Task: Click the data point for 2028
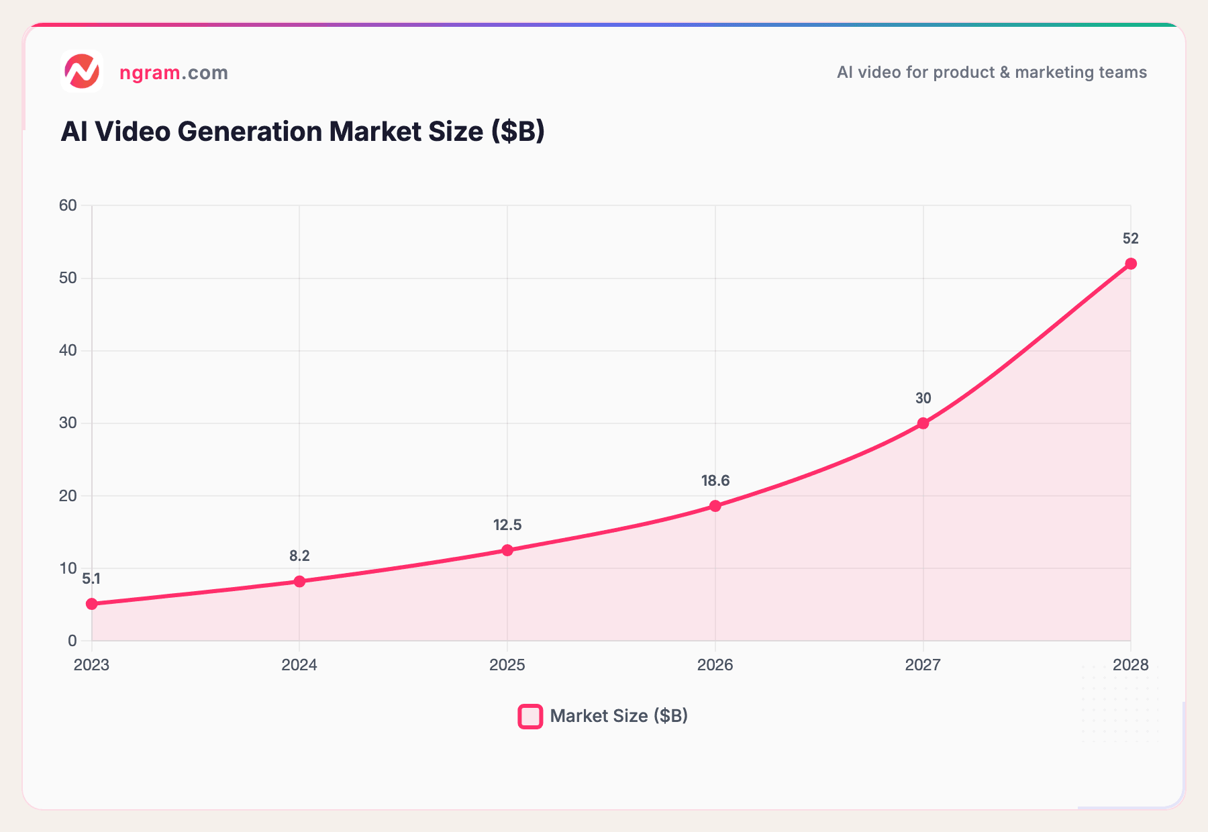tap(1131, 264)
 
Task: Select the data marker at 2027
tap(923, 423)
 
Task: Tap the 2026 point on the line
tap(715, 506)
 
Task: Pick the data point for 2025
tap(507, 550)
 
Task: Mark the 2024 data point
tap(299, 581)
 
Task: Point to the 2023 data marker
tap(92, 604)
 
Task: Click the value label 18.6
tap(715, 481)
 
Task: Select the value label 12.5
tap(507, 525)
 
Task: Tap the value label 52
tap(1131, 239)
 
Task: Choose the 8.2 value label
tap(299, 556)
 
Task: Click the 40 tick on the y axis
tap(68, 351)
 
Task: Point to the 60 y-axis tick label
tap(68, 206)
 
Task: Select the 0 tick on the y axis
tap(72, 641)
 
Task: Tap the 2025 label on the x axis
tap(507, 665)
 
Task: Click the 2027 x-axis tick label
tap(923, 665)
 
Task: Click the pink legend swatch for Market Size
tap(530, 716)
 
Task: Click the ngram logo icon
tap(82, 71)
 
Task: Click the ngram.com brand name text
tap(174, 72)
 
